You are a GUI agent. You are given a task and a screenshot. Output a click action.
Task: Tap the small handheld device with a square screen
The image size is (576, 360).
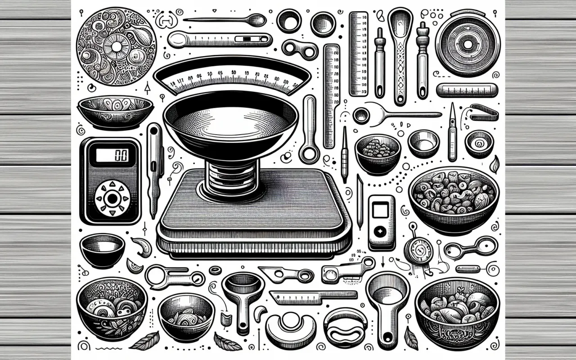click(381, 222)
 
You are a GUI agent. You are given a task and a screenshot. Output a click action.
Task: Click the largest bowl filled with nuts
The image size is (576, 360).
click(454, 198)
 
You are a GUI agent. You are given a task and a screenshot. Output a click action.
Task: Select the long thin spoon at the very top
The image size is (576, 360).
click(225, 19)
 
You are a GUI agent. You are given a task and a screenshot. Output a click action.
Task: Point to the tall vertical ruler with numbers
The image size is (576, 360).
click(359, 53)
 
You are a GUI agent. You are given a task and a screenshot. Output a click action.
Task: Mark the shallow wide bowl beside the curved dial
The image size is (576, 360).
click(116, 111)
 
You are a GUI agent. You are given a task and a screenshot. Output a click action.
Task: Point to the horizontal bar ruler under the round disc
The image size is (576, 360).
click(467, 90)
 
